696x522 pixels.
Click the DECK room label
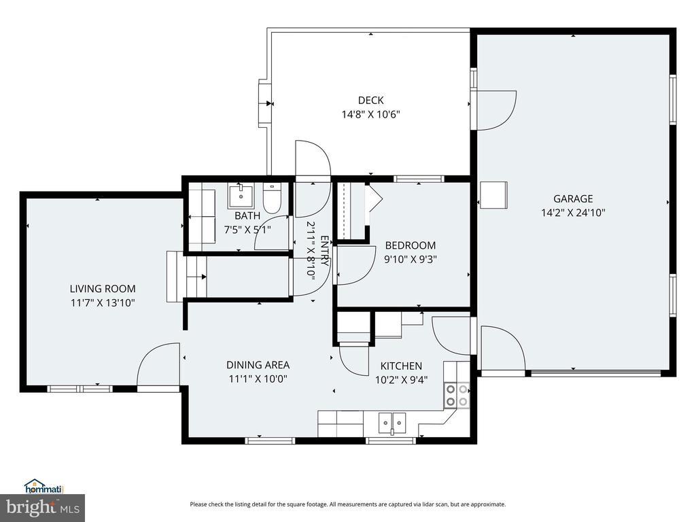[x=370, y=101]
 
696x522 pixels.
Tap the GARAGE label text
[x=572, y=199]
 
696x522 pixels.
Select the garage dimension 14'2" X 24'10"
[x=573, y=213]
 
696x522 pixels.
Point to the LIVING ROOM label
[x=103, y=289]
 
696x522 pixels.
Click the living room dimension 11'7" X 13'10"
[x=103, y=303]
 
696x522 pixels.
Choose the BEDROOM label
[x=411, y=245]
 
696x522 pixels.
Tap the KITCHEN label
[x=401, y=366]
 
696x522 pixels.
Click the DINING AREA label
[x=258, y=365]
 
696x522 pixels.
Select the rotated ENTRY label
[x=324, y=251]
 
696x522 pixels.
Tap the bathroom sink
[x=241, y=196]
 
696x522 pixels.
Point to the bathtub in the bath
[x=202, y=217]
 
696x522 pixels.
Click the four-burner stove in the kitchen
[x=457, y=396]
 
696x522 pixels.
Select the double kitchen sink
[x=392, y=423]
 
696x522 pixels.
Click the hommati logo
[x=43, y=487]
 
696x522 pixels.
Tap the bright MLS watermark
[x=43, y=507]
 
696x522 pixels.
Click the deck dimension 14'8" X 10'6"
[x=370, y=114]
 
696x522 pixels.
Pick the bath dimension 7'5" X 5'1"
[x=247, y=230]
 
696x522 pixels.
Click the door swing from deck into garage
[x=496, y=111]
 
